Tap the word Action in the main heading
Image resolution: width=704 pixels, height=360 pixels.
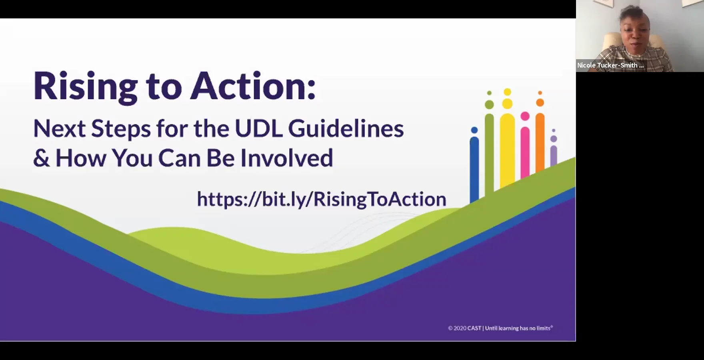click(253, 86)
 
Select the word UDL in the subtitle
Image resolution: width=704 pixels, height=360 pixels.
click(259, 129)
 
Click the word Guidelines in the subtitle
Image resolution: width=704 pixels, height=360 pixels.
click(346, 129)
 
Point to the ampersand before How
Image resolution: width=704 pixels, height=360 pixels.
click(41, 158)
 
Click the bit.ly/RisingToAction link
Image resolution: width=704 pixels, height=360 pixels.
click(321, 199)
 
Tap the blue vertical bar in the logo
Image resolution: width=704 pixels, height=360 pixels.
click(474, 168)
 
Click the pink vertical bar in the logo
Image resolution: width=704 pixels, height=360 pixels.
click(525, 152)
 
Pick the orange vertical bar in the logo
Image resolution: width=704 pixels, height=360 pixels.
click(540, 142)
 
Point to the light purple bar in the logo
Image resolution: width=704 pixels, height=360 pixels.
click(554, 156)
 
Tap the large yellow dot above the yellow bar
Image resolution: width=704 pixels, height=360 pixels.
click(507, 104)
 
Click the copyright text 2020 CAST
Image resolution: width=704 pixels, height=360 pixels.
click(464, 328)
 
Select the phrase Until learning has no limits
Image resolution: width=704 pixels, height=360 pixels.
click(518, 328)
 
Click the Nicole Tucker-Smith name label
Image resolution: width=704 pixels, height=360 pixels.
click(610, 65)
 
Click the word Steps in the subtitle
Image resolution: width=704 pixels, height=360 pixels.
click(121, 129)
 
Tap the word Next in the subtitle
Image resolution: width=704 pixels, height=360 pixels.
click(59, 129)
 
